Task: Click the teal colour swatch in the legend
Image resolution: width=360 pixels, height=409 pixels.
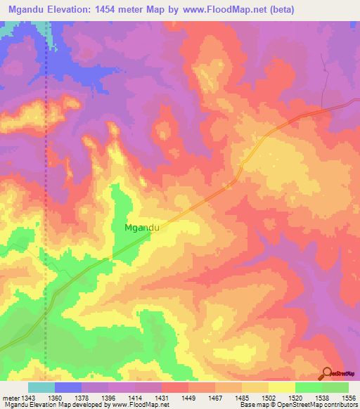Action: point(41,387)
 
